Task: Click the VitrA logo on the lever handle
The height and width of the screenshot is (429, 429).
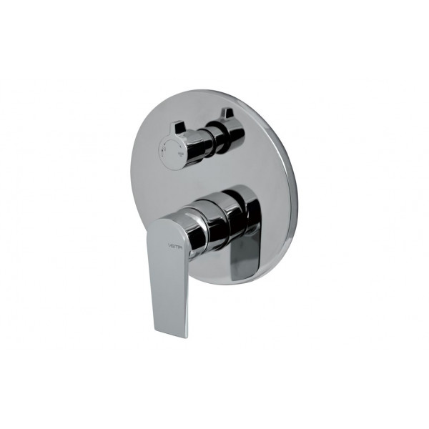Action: tap(175, 245)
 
